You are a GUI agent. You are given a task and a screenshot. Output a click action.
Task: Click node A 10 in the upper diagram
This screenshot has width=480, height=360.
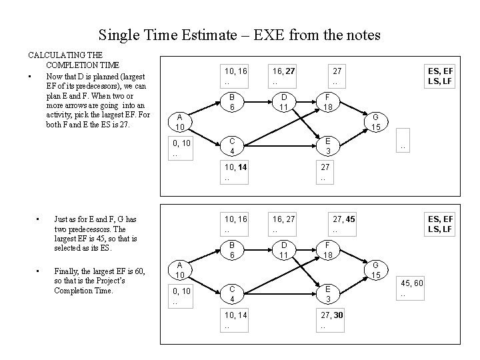click(180, 123)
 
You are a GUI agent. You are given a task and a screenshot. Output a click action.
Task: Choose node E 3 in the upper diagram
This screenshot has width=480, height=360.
click(327, 147)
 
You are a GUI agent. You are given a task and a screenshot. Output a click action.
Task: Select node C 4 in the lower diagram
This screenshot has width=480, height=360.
click(232, 293)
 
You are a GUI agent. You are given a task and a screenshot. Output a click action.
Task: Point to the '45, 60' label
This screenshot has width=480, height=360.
click(411, 284)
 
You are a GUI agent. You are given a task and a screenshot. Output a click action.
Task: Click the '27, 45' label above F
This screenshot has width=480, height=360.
click(343, 218)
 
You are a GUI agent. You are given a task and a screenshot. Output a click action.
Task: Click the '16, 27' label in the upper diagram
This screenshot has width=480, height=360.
click(284, 70)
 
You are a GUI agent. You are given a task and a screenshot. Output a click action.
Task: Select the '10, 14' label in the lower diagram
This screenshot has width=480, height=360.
click(236, 315)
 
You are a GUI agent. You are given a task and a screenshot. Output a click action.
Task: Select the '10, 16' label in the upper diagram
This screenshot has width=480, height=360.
click(236, 70)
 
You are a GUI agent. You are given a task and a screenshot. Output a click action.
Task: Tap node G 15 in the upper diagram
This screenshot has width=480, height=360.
click(375, 122)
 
